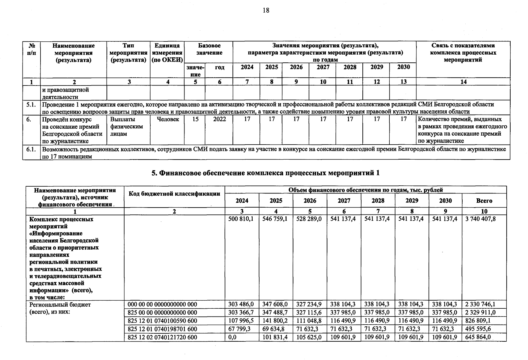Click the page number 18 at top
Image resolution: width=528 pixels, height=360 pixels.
click(x=266, y=10)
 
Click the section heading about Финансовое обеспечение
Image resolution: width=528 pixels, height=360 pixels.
click(x=265, y=173)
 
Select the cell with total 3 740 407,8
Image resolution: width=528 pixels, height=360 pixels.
click(x=480, y=219)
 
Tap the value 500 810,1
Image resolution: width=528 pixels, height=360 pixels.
click(x=241, y=219)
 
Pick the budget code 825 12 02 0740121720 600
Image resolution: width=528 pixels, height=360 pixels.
click(x=162, y=337)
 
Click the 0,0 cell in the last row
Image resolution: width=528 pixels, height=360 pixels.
click(x=232, y=337)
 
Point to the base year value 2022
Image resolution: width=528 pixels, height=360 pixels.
click(x=219, y=119)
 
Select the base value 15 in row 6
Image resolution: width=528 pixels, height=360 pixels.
click(x=195, y=119)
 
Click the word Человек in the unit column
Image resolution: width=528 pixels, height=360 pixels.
click(x=168, y=119)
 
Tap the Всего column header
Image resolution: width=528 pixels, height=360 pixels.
click(x=484, y=201)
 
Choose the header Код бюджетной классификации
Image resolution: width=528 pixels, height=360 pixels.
click(x=174, y=194)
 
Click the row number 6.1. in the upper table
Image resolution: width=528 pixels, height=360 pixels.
click(x=31, y=149)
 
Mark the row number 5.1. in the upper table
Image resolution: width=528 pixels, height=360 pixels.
click(x=31, y=104)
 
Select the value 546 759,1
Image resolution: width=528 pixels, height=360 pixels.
click(x=275, y=219)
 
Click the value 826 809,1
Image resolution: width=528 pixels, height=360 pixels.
click(x=478, y=321)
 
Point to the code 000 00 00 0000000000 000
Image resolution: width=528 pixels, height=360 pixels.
click(x=162, y=304)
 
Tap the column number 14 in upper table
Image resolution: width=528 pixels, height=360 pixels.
click(x=463, y=82)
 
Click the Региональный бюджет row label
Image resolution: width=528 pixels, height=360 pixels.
click(x=60, y=304)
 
